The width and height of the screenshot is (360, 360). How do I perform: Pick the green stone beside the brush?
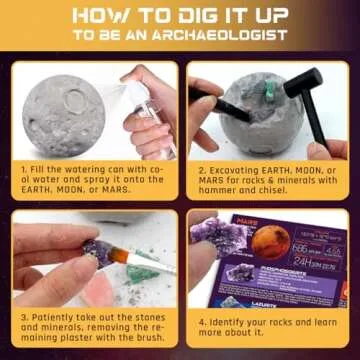(142, 272)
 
